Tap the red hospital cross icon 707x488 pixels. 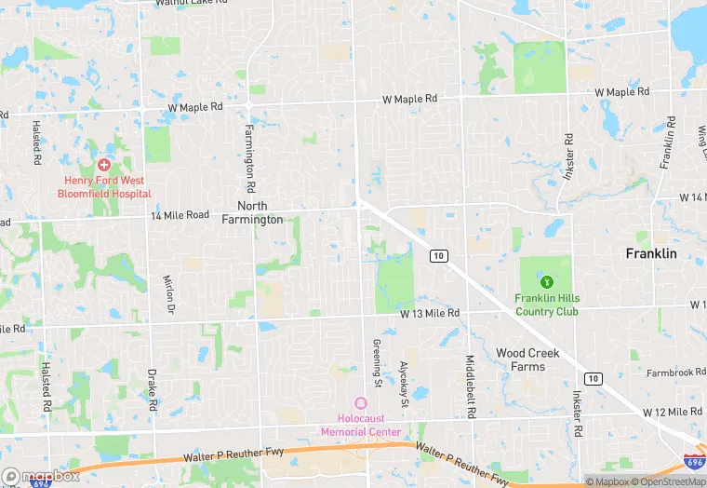pyautogui.click(x=104, y=164)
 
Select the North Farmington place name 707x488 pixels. pyautogui.click(x=252, y=212)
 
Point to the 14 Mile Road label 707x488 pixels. pyautogui.click(x=180, y=215)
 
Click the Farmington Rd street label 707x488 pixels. pyautogui.click(x=250, y=152)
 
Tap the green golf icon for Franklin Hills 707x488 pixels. pyautogui.click(x=547, y=281)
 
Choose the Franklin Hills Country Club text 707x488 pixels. pyautogui.click(x=547, y=305)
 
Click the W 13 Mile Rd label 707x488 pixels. pyautogui.click(x=430, y=313)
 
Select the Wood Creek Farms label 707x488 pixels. pyautogui.click(x=527, y=359)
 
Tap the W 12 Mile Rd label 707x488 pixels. pyautogui.click(x=672, y=412)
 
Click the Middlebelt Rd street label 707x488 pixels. pyautogui.click(x=473, y=386)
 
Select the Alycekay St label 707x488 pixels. pyautogui.click(x=404, y=384)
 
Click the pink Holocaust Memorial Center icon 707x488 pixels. pyautogui.click(x=361, y=402)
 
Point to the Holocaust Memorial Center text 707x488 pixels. pyautogui.click(x=361, y=426)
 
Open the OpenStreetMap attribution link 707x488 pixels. pyautogui.click(x=669, y=481)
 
